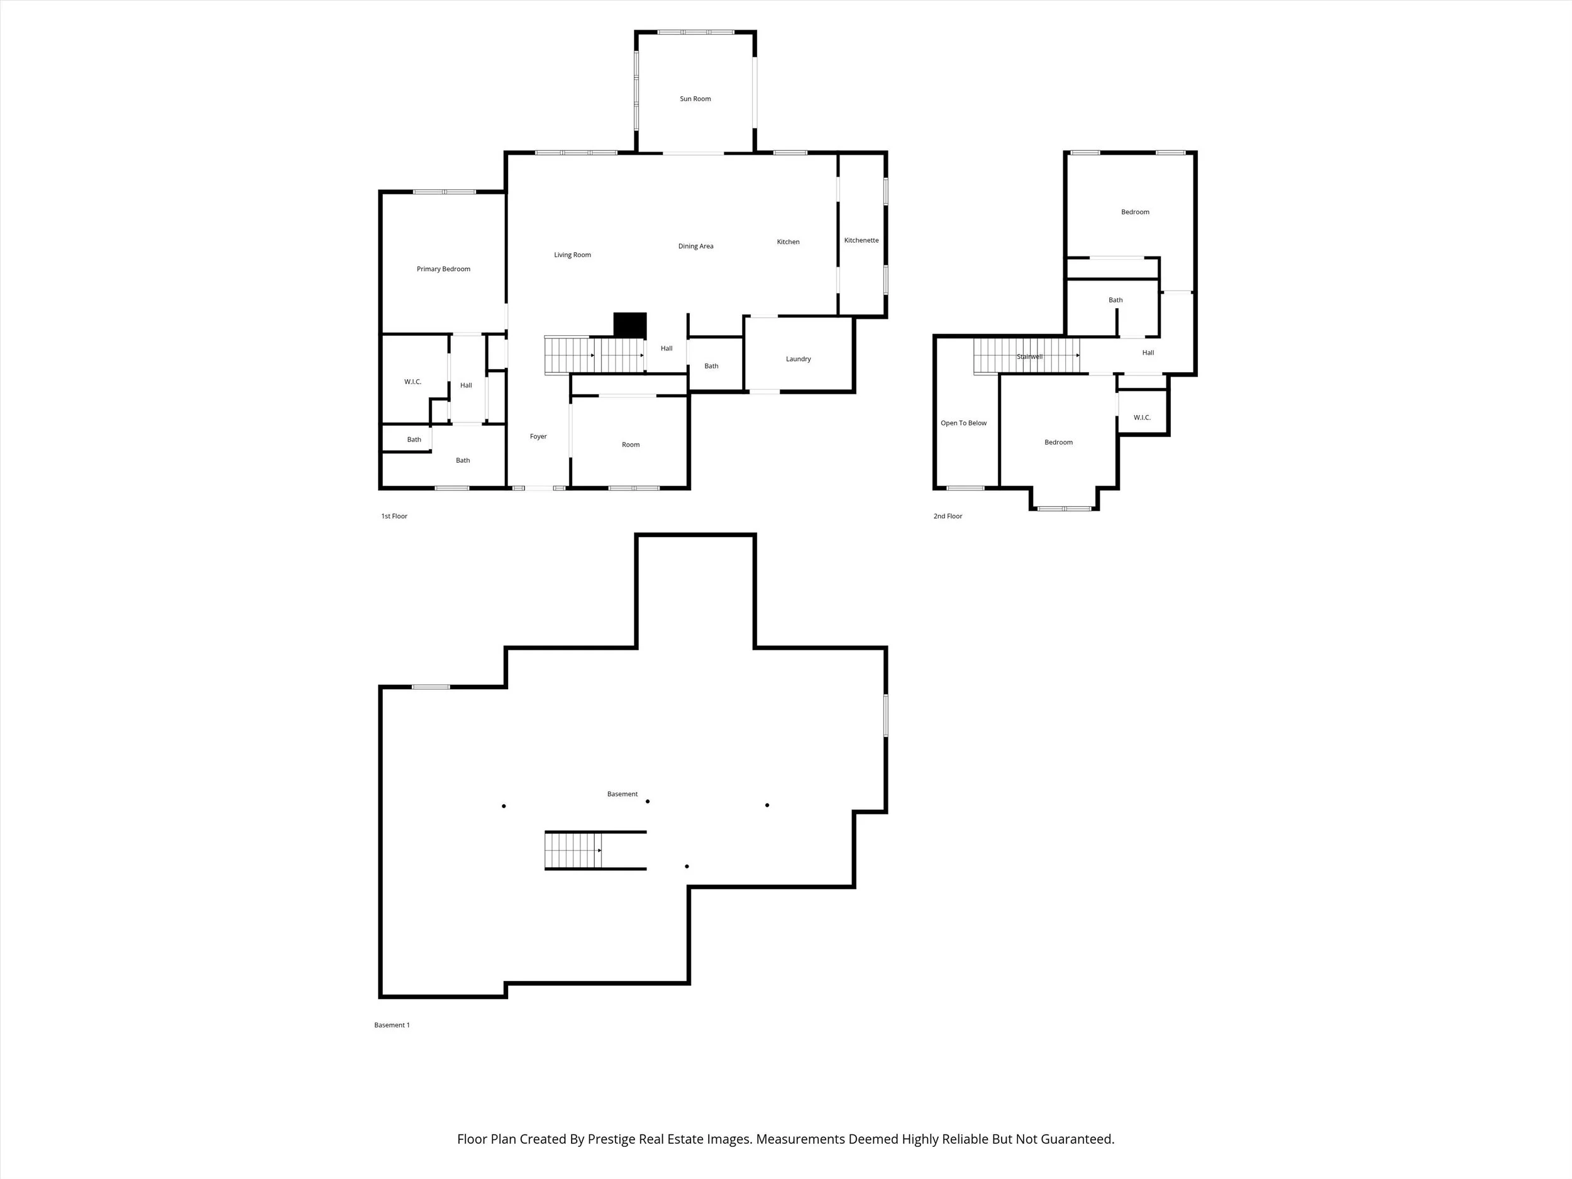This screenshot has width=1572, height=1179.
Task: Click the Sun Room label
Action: tap(695, 99)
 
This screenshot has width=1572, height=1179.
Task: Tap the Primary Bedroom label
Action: tap(443, 268)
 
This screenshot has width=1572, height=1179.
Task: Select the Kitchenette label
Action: tap(861, 240)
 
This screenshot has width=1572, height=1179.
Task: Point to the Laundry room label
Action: tap(798, 359)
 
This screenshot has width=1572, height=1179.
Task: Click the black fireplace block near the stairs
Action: tap(630, 325)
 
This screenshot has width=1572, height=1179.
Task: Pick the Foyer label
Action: tap(538, 436)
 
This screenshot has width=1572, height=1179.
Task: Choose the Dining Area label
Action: tap(695, 246)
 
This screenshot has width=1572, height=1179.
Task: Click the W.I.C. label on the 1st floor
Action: tap(413, 382)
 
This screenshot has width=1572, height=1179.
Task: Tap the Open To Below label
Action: tap(964, 423)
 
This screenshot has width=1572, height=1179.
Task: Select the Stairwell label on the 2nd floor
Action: tap(1029, 356)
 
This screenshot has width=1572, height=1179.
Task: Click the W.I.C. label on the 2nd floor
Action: tap(1142, 417)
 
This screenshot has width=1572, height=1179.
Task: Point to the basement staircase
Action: tap(573, 850)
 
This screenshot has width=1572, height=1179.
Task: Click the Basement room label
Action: tap(623, 794)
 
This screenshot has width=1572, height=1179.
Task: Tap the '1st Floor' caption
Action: tap(394, 516)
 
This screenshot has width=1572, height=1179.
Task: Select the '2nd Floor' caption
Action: tap(948, 516)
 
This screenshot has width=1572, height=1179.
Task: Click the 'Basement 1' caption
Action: tap(392, 1025)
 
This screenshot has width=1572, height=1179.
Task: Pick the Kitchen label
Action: tap(788, 241)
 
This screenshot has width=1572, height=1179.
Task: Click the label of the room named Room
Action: tap(630, 445)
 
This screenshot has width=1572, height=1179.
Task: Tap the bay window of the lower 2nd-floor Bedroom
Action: tap(1064, 508)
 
